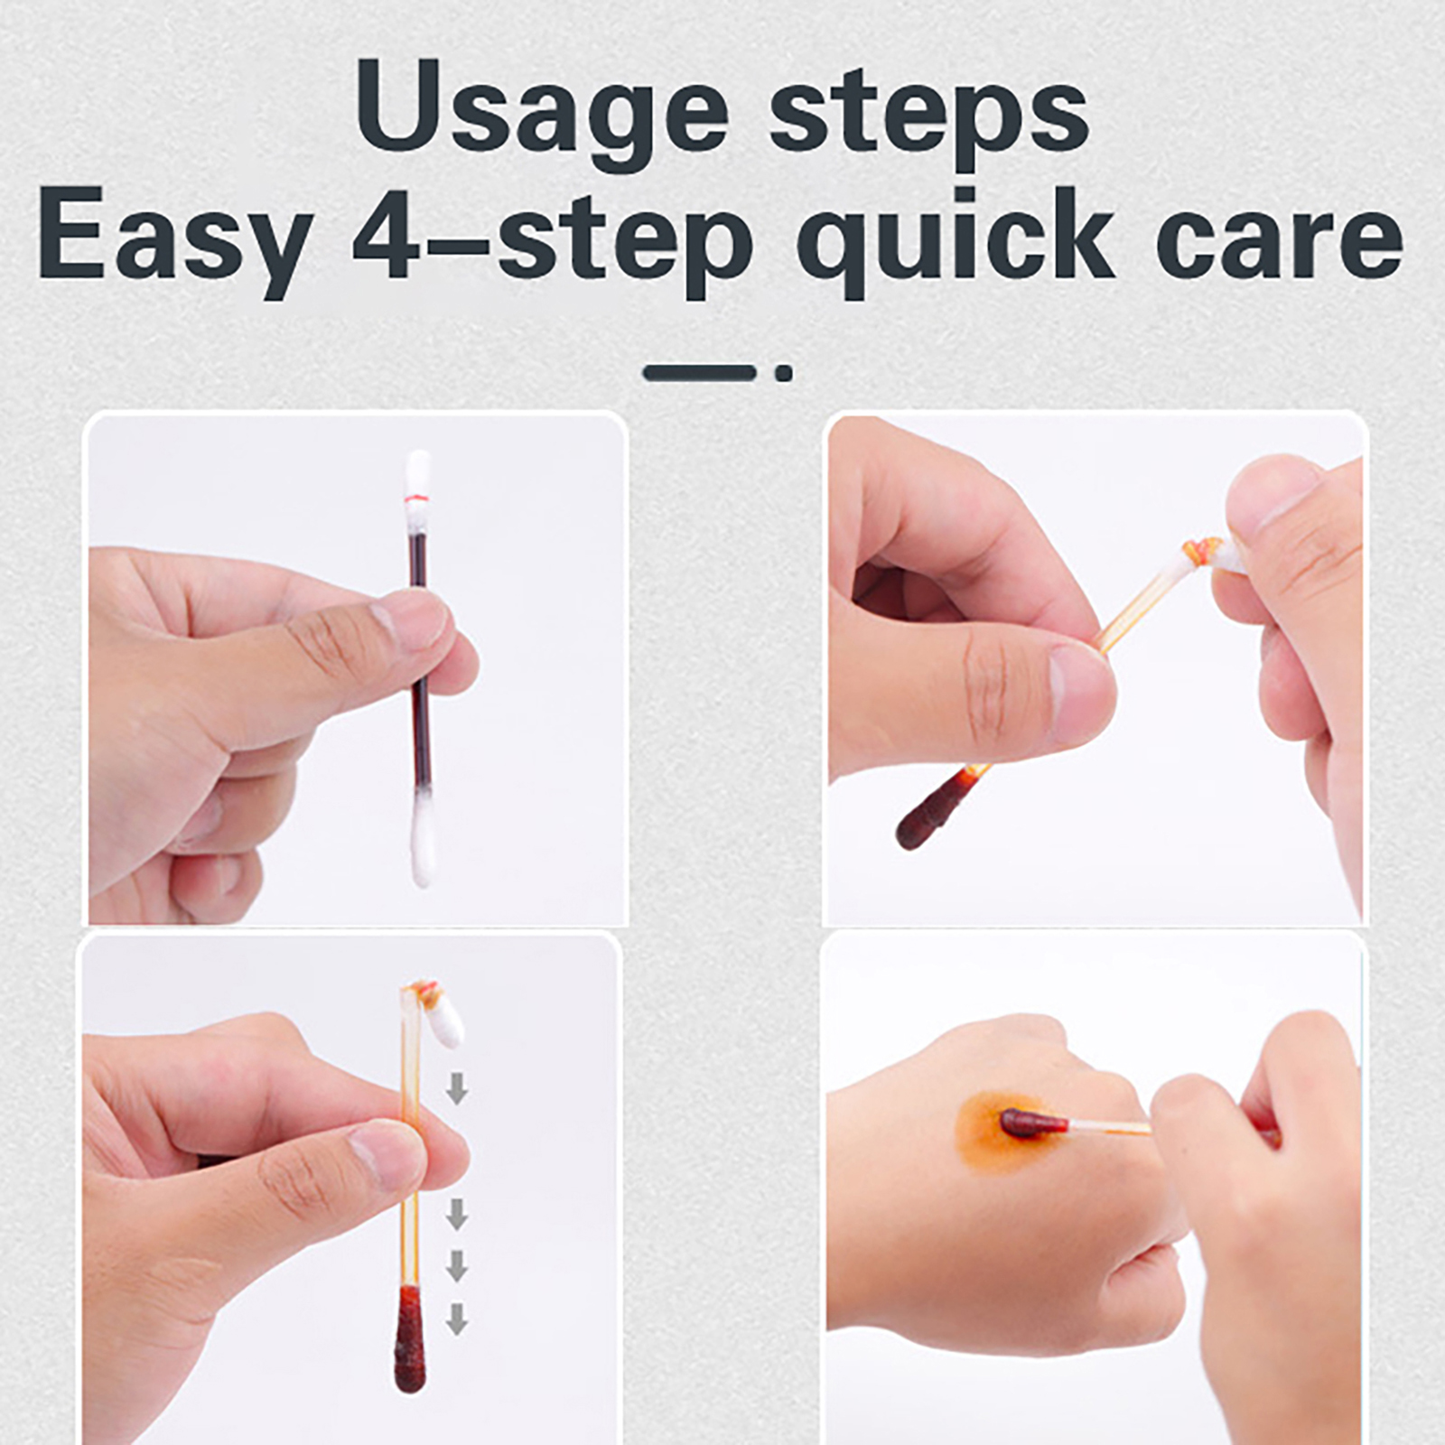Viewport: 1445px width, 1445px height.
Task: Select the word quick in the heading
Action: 955,237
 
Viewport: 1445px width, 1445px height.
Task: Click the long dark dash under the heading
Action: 699,372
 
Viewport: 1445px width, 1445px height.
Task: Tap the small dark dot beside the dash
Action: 784,372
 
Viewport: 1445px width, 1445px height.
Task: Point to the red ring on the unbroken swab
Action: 417,499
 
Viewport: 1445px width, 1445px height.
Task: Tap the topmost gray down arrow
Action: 457,1087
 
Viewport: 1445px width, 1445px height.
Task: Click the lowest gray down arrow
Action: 457,1318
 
